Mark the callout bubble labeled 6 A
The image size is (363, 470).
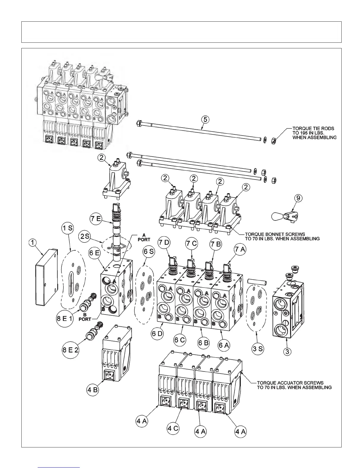coord(225,345)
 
